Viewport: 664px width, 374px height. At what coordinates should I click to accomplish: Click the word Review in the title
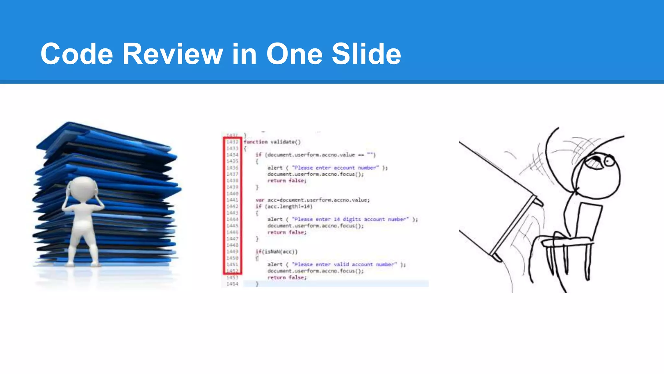click(172, 54)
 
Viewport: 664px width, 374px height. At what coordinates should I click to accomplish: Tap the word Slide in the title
click(366, 54)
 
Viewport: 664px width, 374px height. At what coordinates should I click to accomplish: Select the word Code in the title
click(77, 54)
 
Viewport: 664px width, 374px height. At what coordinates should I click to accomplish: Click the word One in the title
click(294, 54)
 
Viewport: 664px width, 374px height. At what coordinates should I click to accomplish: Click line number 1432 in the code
click(232, 142)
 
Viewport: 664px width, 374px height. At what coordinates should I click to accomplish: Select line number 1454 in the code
click(232, 284)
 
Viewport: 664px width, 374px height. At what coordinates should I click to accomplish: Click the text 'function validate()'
click(272, 142)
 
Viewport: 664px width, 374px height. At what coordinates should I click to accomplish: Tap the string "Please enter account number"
click(335, 168)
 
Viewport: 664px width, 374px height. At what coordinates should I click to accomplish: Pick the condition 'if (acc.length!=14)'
click(284, 206)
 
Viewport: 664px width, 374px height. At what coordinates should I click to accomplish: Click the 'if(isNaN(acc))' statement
click(276, 252)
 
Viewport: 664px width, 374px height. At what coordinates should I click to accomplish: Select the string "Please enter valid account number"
click(344, 265)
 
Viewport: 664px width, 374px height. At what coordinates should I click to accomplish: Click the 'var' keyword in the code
click(260, 200)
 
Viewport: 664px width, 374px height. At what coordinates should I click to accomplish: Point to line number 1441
click(232, 200)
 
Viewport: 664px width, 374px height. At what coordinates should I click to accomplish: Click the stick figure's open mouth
click(594, 162)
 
